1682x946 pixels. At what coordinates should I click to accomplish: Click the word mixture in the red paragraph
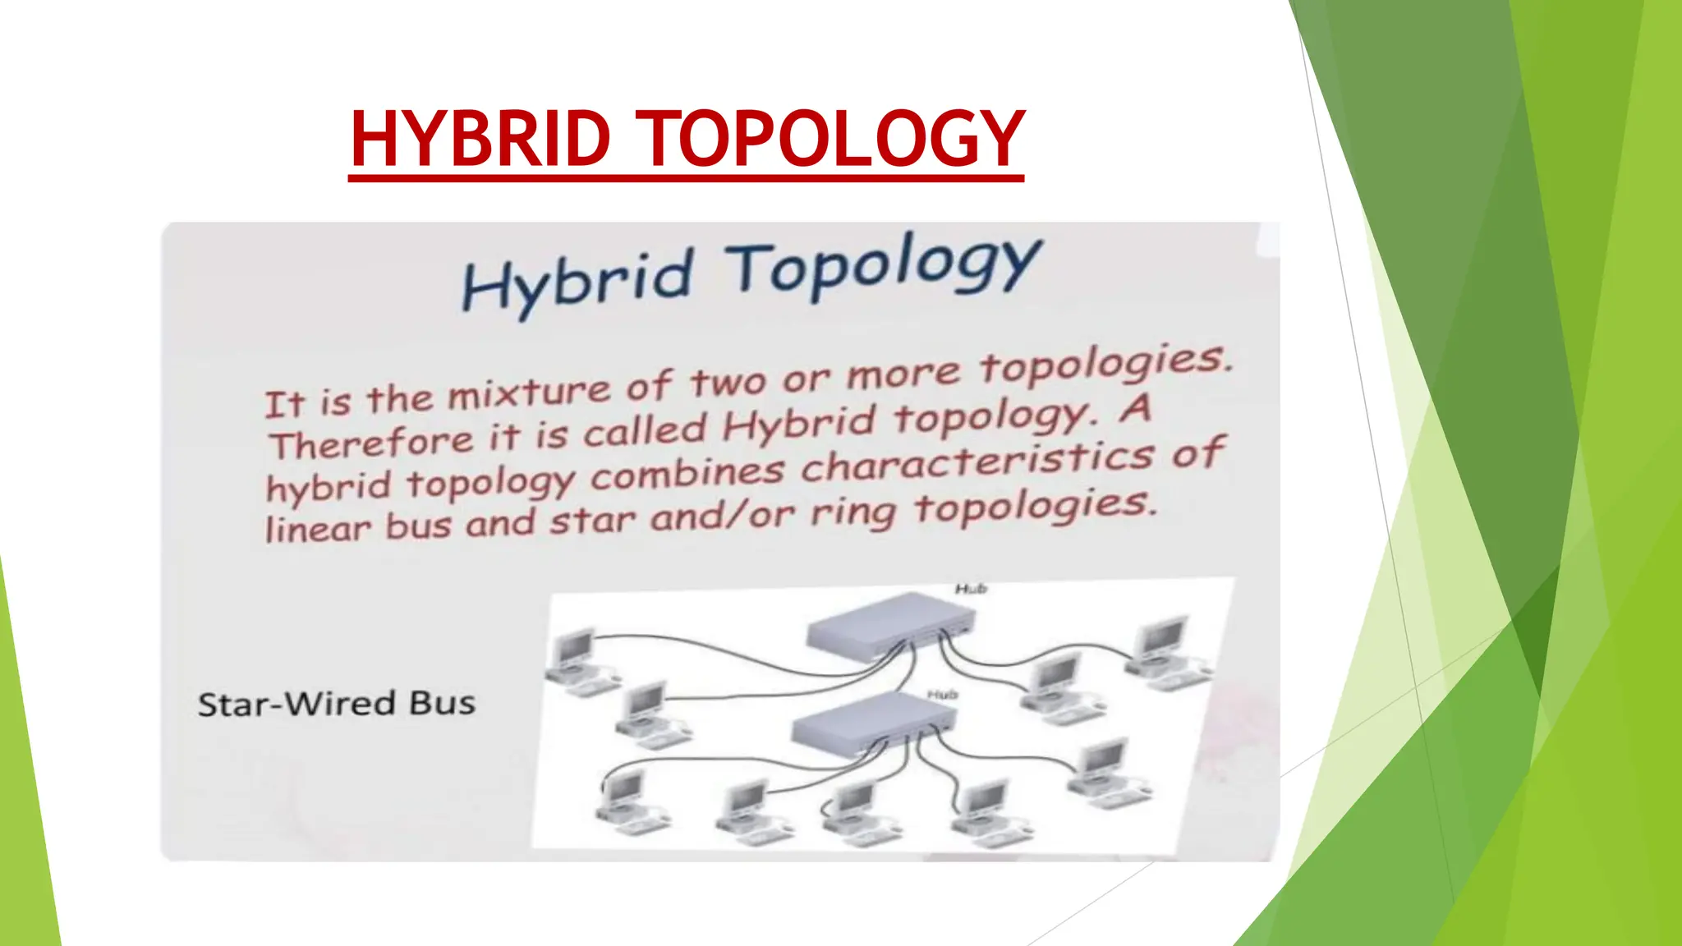[x=530, y=393]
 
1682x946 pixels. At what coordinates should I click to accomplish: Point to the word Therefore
[x=371, y=443]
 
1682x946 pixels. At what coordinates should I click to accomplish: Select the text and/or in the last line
[x=723, y=517]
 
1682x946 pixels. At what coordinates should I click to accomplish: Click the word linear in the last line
[x=318, y=530]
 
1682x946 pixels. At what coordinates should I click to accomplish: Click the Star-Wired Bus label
[x=337, y=704]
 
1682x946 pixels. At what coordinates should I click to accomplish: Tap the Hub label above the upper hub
[x=970, y=589]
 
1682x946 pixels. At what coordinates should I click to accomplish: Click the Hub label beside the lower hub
[x=942, y=695]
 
